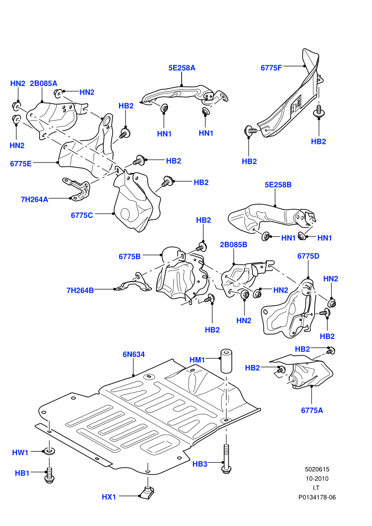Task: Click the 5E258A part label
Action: [182, 68]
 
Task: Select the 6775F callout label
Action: [272, 68]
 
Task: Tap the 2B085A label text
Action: [44, 83]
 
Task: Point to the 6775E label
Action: [21, 164]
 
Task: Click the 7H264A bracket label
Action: [35, 199]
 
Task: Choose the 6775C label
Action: [82, 215]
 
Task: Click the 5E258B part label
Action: [278, 184]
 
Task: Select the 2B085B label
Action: [233, 244]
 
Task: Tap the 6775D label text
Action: [308, 256]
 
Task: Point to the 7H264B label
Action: [80, 290]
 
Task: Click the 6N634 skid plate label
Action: [133, 354]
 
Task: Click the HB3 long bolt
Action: [227, 459]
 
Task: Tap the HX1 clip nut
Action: [147, 493]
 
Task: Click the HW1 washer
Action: [49, 451]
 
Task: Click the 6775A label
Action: [312, 410]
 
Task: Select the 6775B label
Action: [130, 257]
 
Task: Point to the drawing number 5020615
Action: [317, 469]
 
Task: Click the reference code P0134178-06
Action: [317, 497]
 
